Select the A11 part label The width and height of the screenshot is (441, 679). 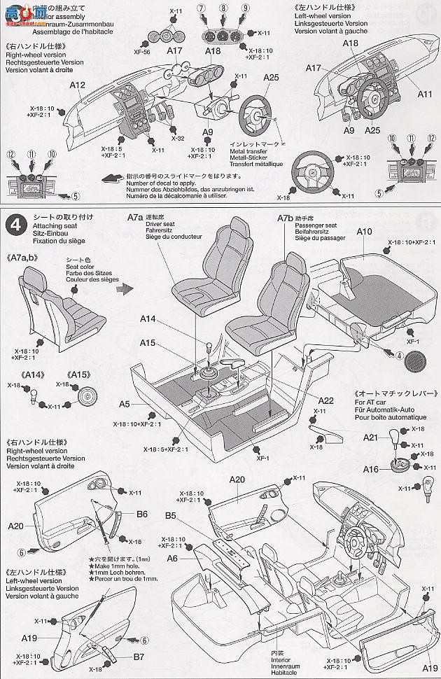pyautogui.click(x=425, y=93)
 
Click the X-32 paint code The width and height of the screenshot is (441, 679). pyautogui.click(x=178, y=139)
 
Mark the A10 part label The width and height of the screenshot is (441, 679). pyautogui.click(x=363, y=231)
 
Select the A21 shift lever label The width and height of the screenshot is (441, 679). pyautogui.click(x=370, y=437)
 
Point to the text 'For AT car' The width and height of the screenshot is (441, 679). pyautogui.click(x=375, y=402)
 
